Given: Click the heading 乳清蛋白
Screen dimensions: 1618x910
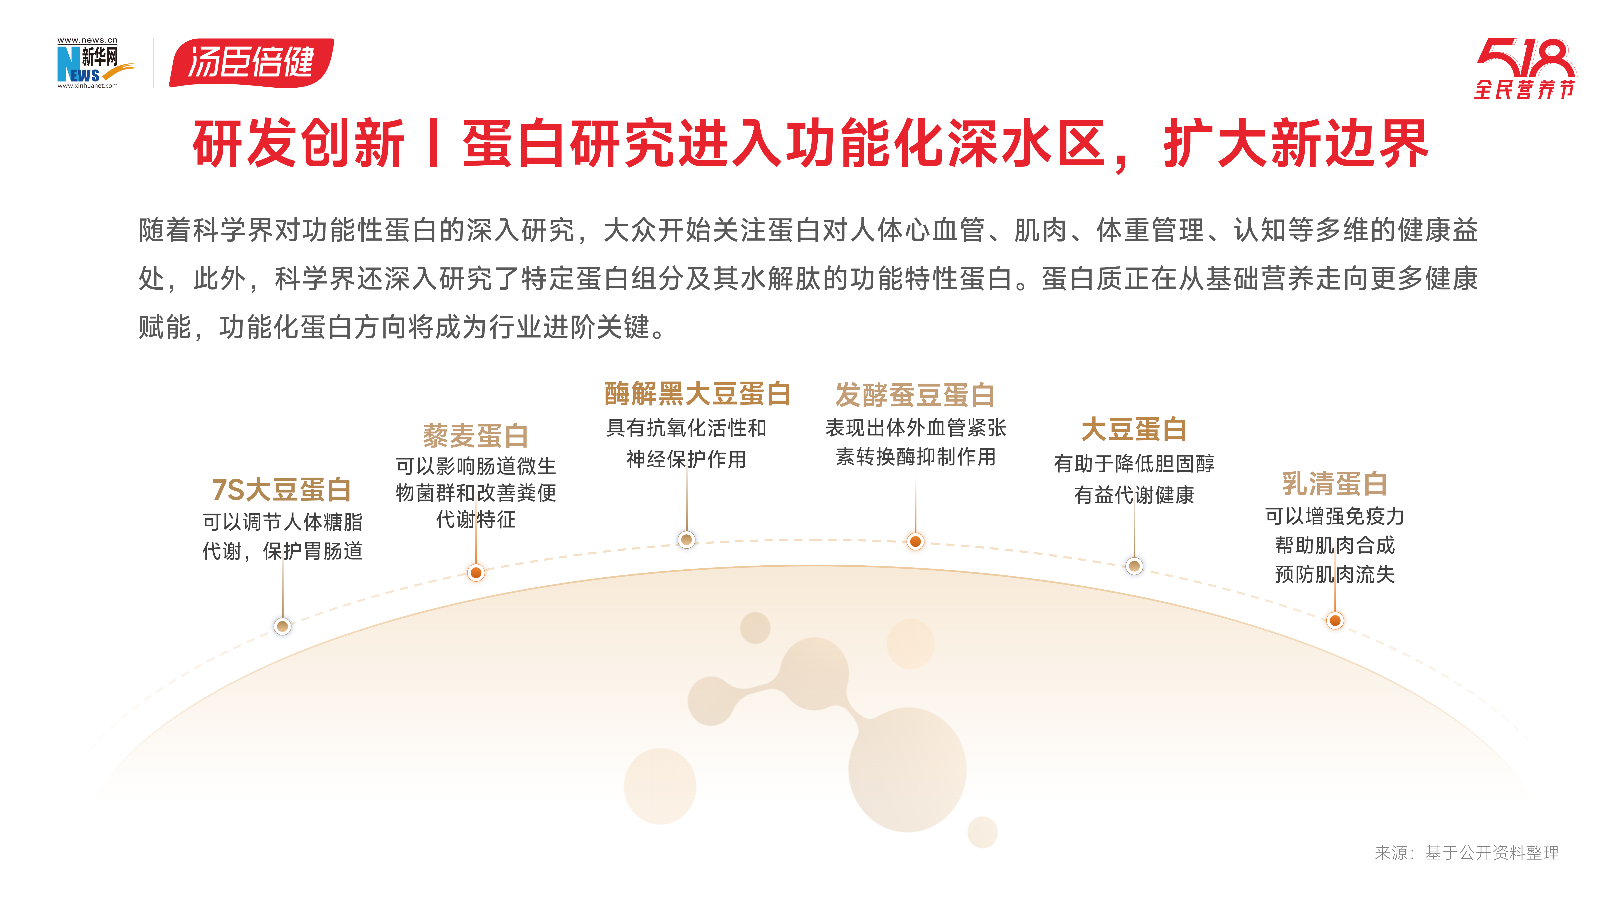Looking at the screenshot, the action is click(1335, 484).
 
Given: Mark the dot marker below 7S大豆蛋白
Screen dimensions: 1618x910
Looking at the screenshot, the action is click(283, 626).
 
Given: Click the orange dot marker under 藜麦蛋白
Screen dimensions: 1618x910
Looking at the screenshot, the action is click(476, 572).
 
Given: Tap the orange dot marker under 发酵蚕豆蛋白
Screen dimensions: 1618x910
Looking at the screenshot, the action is click(916, 541).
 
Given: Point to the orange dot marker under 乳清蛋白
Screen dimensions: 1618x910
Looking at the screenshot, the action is click(1335, 621).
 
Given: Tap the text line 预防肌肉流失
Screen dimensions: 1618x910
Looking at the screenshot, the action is click(1335, 574).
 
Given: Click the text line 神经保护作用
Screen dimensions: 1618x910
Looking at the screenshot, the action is click(687, 459).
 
